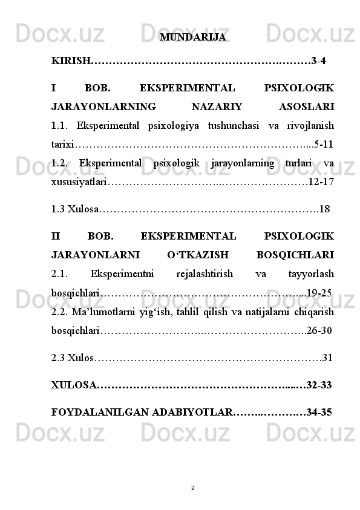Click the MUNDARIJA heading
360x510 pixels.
pyautogui.click(x=193, y=38)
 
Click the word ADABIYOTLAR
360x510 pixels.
pyautogui.click(x=192, y=413)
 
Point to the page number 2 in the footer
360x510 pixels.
pyautogui.click(x=192, y=487)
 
